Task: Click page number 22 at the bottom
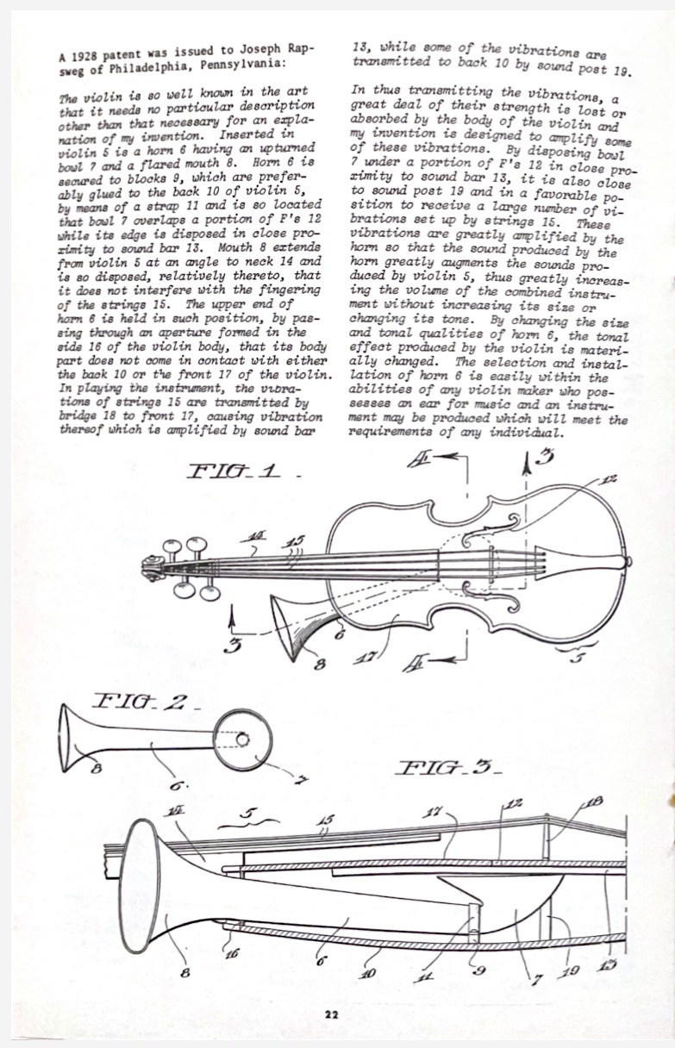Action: [x=332, y=1014]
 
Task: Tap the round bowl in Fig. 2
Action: [x=241, y=741]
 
